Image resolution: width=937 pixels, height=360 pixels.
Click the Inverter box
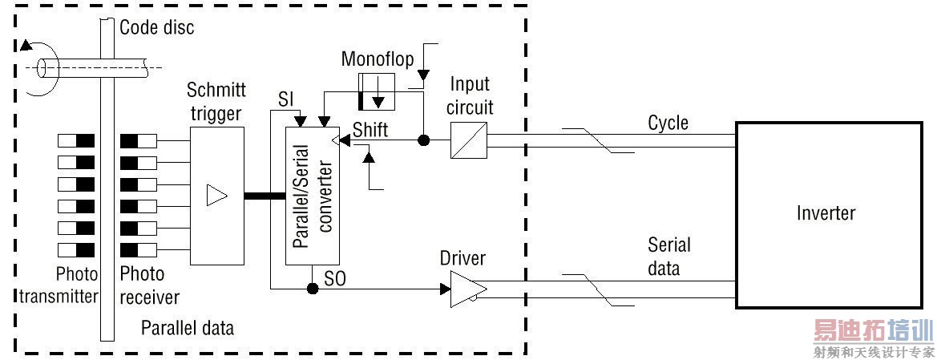point(826,214)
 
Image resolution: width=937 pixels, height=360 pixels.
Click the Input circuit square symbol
point(466,141)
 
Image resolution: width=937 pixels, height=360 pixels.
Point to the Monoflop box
point(378,90)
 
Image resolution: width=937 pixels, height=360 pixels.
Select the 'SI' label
point(285,100)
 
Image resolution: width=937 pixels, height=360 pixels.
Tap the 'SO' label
point(335,277)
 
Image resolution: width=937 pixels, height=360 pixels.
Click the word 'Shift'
point(370,130)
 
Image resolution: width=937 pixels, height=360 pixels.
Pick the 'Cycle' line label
point(668,123)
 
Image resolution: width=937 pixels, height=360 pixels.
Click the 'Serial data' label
point(668,256)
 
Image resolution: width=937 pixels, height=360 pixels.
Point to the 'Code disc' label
point(156,28)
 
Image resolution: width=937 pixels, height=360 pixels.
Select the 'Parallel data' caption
point(188,327)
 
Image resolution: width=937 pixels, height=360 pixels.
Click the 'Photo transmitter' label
point(58,285)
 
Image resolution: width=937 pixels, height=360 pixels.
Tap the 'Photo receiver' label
point(149,285)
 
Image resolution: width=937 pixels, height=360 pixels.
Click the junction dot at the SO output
point(313,288)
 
